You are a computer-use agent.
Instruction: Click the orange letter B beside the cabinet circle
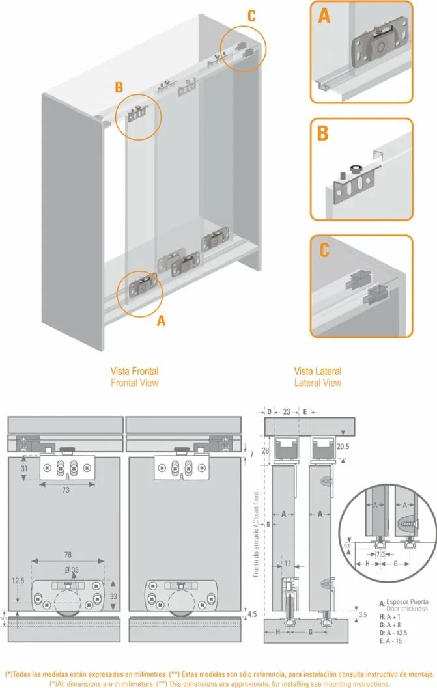click(119, 87)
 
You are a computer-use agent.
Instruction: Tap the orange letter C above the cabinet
click(251, 16)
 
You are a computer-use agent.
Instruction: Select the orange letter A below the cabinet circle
click(162, 320)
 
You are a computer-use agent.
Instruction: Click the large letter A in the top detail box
click(324, 15)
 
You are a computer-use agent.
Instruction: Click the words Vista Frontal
click(134, 371)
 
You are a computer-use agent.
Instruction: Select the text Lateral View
click(317, 383)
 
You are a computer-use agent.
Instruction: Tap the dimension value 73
click(66, 490)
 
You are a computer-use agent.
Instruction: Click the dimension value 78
click(68, 554)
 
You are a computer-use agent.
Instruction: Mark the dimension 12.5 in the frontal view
click(18, 580)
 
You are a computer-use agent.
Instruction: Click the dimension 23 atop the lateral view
click(287, 411)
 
